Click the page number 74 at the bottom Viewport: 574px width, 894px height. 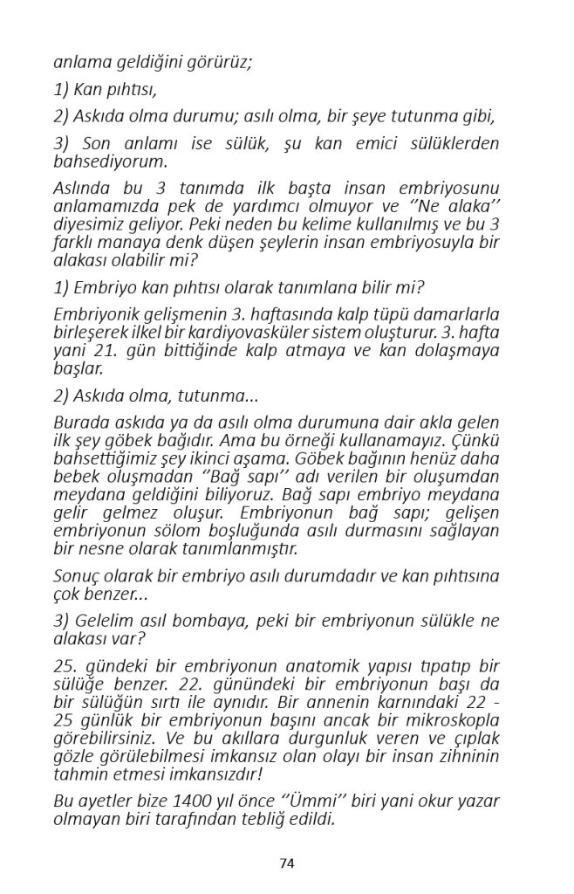tap(287, 863)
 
